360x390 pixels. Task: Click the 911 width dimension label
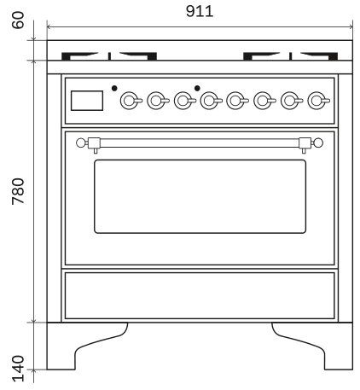coord(200,11)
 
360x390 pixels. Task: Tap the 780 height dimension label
coord(19,191)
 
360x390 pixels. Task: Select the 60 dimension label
coord(19,20)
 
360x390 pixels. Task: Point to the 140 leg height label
coord(19,369)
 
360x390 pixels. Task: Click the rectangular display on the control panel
coord(87,101)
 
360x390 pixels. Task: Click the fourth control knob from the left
coord(210,101)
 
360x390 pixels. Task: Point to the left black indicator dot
coord(114,88)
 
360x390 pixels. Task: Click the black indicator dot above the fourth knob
coord(197,88)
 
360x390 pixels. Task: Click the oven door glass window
coord(200,196)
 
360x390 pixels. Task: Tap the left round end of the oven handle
coord(81,143)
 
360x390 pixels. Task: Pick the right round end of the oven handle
coord(318,143)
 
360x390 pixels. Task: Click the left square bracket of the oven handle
coord(94,143)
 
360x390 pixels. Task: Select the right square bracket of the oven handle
coord(305,143)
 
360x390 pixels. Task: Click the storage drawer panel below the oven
coord(200,295)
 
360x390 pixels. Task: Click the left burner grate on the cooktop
coord(109,56)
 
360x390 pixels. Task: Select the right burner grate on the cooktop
coord(291,56)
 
